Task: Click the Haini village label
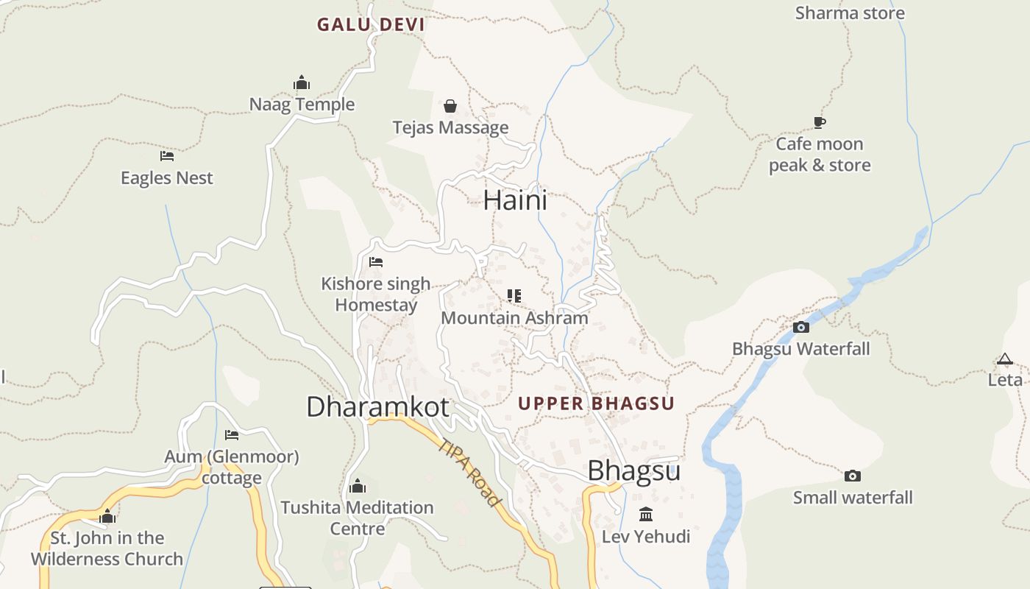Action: [x=515, y=200]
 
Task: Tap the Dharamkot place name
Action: [x=377, y=406]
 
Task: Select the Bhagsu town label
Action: [x=633, y=470]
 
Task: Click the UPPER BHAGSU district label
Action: [x=596, y=403]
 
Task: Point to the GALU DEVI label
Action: [x=371, y=24]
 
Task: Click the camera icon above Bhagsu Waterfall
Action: [x=801, y=327]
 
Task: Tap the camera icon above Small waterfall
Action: [x=853, y=476]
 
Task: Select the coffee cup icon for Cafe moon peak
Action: [x=820, y=122]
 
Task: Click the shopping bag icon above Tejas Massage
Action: [x=450, y=106]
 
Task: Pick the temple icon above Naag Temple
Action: [x=302, y=82]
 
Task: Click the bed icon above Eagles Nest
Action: [x=167, y=156]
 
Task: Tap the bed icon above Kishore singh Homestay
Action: [x=376, y=262]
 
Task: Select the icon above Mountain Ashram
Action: [x=514, y=296]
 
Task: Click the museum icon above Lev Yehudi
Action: [x=646, y=514]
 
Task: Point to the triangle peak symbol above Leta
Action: [x=1005, y=359]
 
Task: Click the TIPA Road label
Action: [x=469, y=472]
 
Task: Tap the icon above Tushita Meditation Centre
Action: [x=358, y=486]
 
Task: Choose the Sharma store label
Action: [x=850, y=13]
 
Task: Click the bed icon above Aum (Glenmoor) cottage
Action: [x=232, y=434]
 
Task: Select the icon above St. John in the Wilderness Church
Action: [x=107, y=516]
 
